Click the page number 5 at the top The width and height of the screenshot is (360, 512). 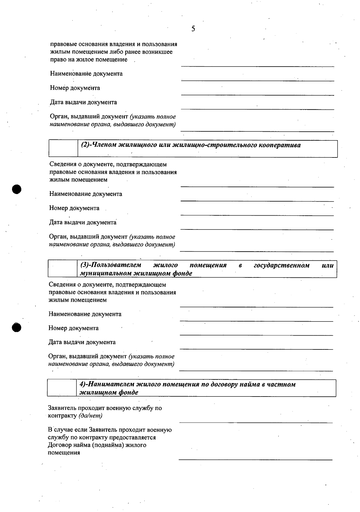tap(193, 29)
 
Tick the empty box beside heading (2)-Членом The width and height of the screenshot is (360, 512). tap(63, 148)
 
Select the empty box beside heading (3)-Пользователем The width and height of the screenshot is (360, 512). tap(63, 269)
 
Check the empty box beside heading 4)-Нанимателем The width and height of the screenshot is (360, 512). tap(62, 388)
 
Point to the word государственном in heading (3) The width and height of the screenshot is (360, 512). tap(281, 265)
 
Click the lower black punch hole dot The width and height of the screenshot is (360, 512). tap(17, 327)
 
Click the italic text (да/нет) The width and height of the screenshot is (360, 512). tap(90, 416)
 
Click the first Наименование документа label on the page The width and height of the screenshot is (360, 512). tap(86, 74)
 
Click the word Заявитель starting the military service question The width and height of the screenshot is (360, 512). tap(62, 408)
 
